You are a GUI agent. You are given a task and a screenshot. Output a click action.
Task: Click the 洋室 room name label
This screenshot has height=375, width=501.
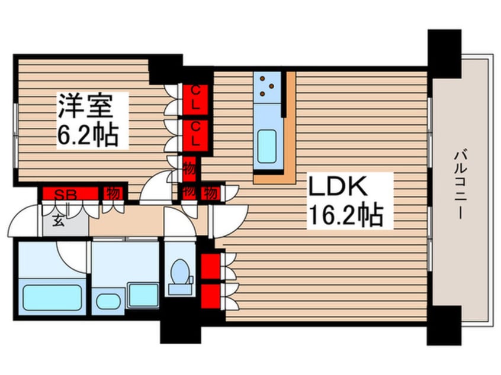(92, 107)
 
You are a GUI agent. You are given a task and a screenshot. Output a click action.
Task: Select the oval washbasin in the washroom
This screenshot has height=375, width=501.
(108, 300)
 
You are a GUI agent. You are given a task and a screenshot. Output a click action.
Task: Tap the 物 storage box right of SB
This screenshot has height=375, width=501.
(111, 193)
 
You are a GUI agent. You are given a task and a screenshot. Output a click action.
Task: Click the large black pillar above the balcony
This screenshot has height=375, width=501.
(444, 53)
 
